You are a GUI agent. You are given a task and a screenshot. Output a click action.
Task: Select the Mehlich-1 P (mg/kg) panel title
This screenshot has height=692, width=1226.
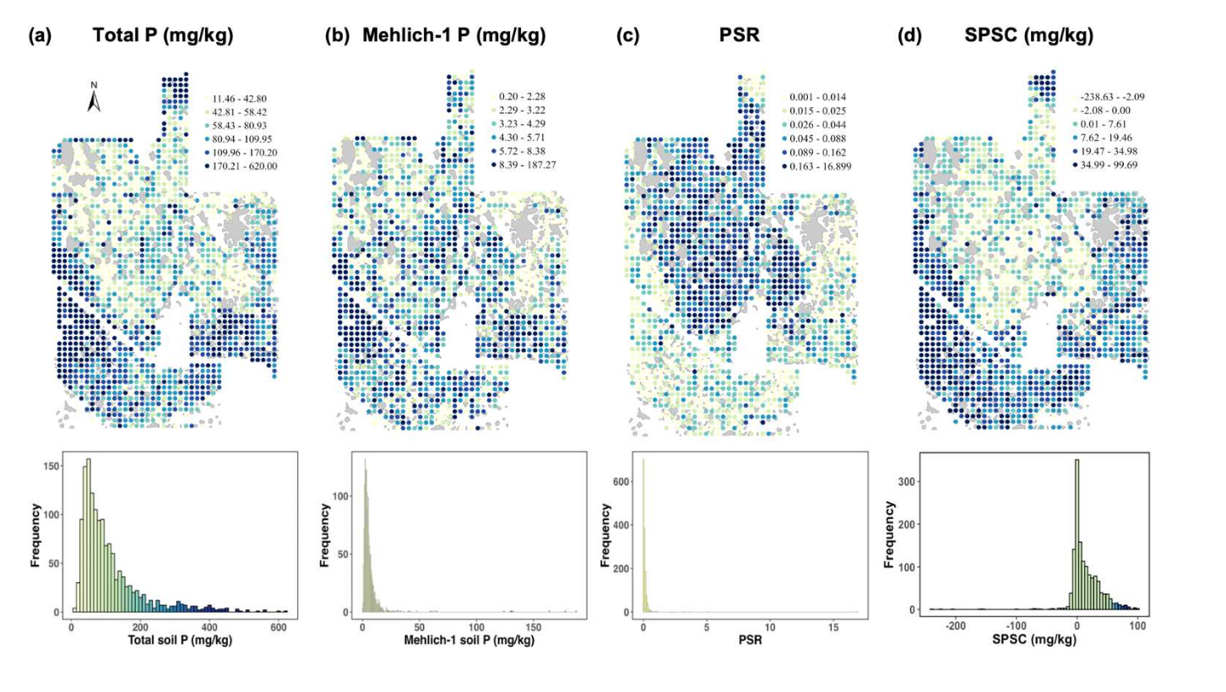453,36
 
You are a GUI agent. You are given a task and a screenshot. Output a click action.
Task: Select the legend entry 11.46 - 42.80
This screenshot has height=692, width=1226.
241,98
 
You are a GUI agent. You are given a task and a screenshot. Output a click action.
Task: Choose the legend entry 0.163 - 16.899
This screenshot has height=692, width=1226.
818,166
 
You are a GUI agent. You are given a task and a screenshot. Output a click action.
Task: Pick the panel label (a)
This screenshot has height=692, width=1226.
39,36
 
